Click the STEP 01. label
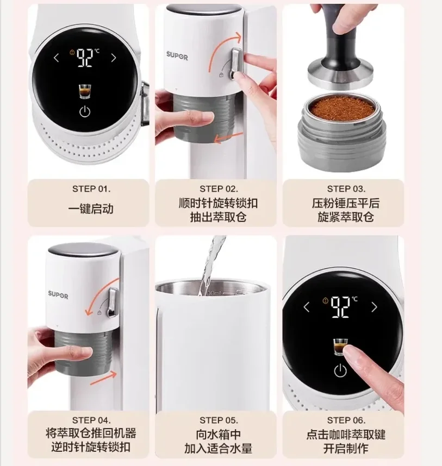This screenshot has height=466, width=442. click(91, 189)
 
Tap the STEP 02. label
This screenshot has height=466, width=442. click(219, 189)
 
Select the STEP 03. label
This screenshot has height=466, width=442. click(346, 189)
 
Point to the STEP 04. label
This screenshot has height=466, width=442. click(91, 420)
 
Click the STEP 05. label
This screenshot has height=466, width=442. click(219, 420)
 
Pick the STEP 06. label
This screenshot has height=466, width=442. click(346, 420)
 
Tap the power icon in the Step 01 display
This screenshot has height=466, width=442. click(84, 112)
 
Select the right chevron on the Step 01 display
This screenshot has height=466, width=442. click(113, 58)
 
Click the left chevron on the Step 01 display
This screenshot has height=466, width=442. click(57, 58)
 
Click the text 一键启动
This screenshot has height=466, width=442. click(91, 208)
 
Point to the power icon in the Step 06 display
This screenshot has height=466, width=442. click(340, 371)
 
